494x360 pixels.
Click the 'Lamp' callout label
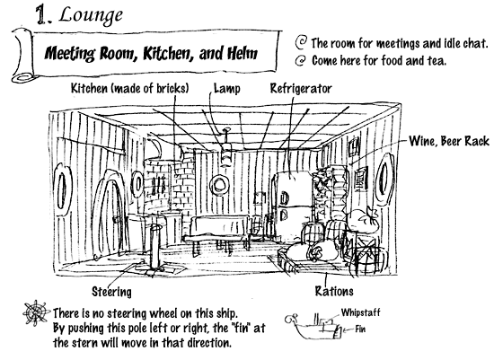227,89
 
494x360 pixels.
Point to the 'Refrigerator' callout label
301,89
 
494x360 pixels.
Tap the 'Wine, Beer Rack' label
449,141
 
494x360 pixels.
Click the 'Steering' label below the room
111,292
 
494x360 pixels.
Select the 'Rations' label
334,291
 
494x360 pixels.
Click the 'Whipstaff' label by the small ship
360,312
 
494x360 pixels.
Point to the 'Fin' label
360,329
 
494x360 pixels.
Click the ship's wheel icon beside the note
36,312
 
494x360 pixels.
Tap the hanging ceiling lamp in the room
226,147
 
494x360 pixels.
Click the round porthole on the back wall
219,184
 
